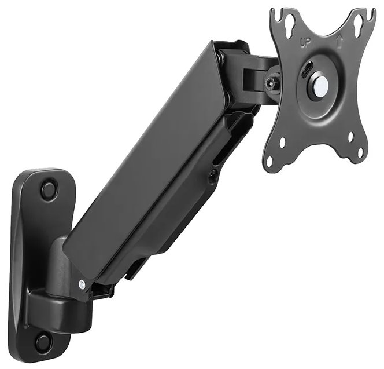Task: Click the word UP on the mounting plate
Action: (308, 42)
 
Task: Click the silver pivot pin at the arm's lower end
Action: (82, 284)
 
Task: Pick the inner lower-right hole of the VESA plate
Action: (350, 136)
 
